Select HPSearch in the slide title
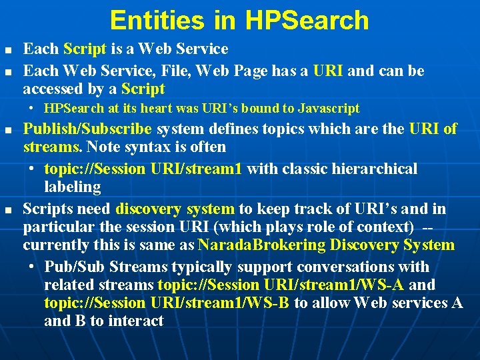[307, 20]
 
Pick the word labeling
[72, 187]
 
